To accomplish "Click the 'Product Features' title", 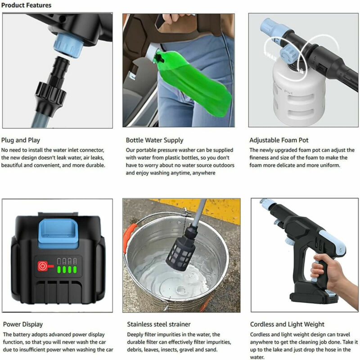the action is (26, 5).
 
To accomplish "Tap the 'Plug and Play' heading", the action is (21, 140).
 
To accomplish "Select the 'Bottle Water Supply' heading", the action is (154, 140).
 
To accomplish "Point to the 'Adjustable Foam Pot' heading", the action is (279, 140).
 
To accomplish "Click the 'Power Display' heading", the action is (23, 324).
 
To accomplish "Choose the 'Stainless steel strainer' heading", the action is (159, 324).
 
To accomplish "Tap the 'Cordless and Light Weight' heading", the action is (287, 324).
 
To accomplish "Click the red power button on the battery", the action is (43, 266).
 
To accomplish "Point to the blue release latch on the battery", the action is (58, 234).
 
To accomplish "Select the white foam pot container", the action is (298, 94).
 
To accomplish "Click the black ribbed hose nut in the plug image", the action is (50, 93).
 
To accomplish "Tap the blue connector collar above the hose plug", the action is (68, 45).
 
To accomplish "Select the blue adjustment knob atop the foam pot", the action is (288, 54).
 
